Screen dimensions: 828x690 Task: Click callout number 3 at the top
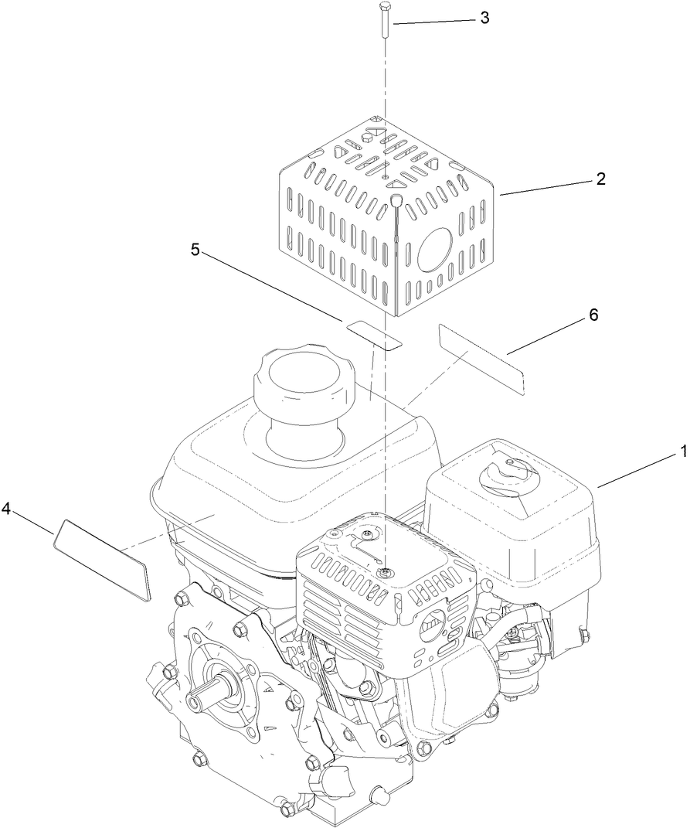click(x=484, y=19)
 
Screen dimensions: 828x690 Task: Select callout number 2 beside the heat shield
click(x=600, y=179)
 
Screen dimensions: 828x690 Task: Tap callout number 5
click(x=195, y=250)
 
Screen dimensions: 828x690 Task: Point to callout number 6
click(x=593, y=315)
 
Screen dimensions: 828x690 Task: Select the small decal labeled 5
click(x=374, y=334)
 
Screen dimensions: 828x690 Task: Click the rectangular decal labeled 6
click(x=481, y=359)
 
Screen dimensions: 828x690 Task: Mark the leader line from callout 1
click(x=637, y=470)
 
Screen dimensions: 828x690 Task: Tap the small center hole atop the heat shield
click(x=385, y=177)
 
